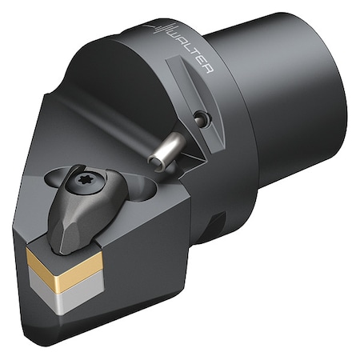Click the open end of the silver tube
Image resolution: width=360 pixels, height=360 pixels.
point(158,161)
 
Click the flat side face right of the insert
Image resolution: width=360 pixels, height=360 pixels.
point(152,256)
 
